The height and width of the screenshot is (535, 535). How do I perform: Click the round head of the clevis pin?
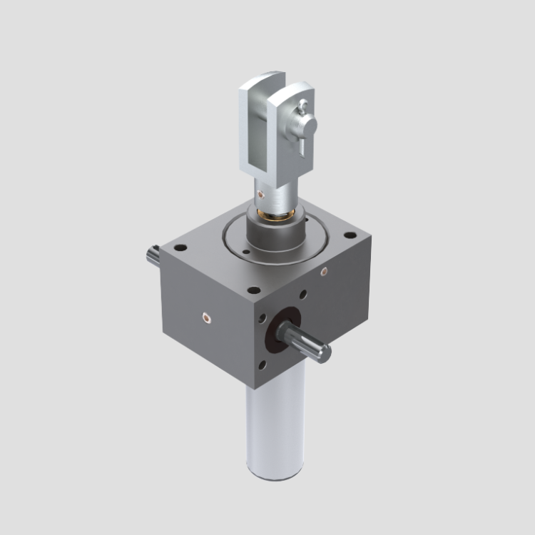[307, 126]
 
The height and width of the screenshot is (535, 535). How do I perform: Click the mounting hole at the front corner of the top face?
[253, 290]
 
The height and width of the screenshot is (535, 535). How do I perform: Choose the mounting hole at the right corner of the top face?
[350, 235]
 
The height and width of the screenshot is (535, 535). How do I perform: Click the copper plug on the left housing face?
[206, 315]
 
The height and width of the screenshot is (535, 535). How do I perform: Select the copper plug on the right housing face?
[324, 271]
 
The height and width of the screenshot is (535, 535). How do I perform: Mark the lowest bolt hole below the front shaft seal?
[263, 365]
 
